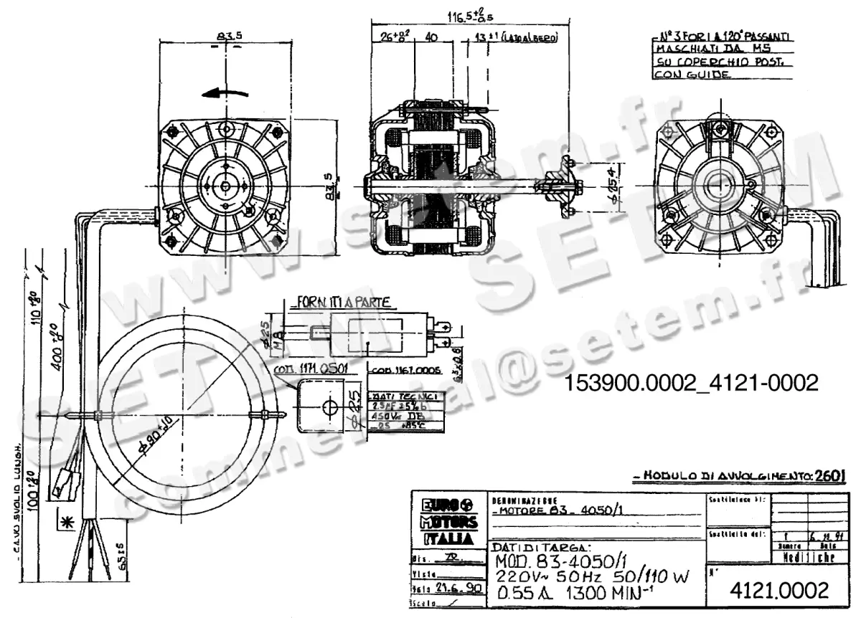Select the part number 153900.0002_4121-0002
click(692, 383)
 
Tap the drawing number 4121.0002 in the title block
click(778, 591)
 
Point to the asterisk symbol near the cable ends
click(68, 521)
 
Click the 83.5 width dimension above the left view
click(225, 36)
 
